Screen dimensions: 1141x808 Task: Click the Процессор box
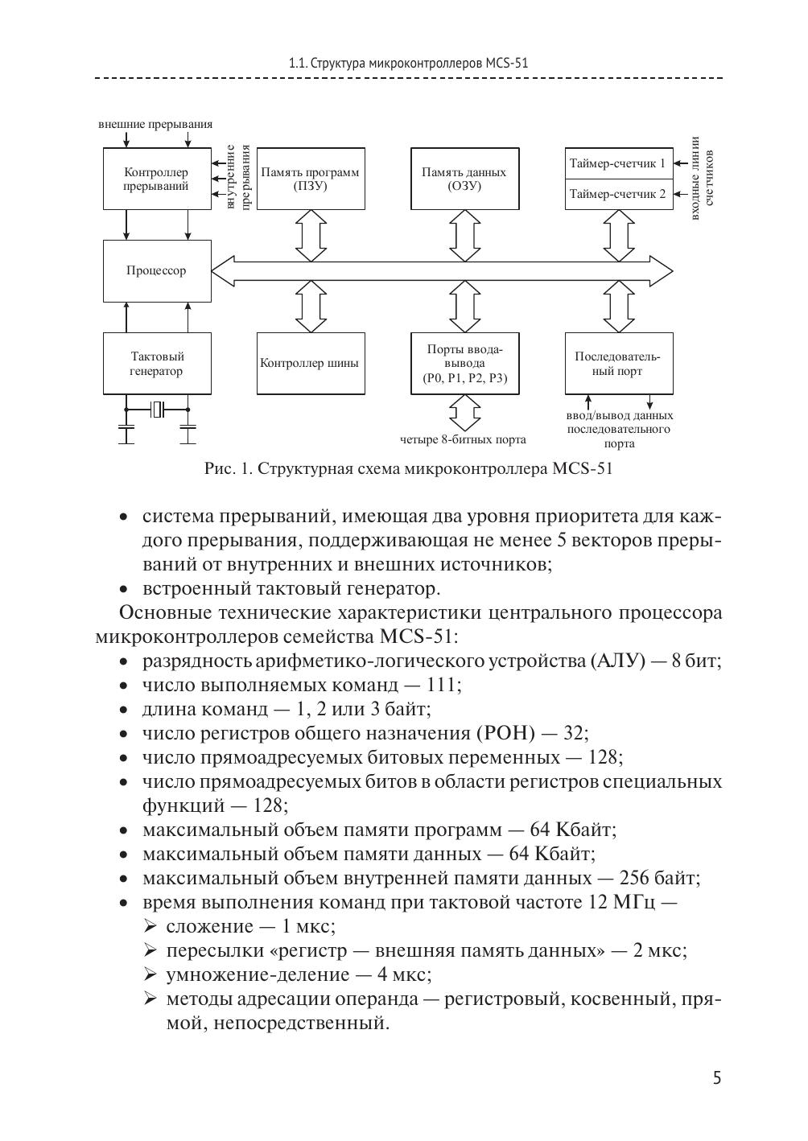coord(157,270)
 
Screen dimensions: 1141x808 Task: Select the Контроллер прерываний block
coord(157,179)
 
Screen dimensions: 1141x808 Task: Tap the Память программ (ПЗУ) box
coord(311,179)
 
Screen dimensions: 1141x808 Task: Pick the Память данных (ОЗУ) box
coord(464,179)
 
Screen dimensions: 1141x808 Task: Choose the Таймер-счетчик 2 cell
coord(618,194)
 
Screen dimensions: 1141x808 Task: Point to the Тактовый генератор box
coord(157,364)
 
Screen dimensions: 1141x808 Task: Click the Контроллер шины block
coord(311,364)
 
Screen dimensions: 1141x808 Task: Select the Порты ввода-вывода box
coord(464,364)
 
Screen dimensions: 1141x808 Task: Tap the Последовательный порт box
coord(618,364)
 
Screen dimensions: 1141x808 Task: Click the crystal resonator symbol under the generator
coord(158,410)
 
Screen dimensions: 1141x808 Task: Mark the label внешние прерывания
coord(155,124)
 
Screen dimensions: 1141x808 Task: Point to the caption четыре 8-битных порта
coord(464,439)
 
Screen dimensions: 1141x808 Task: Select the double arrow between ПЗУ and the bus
coord(311,235)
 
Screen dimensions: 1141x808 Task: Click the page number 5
coord(716,1078)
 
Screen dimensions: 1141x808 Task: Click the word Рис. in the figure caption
coord(219,468)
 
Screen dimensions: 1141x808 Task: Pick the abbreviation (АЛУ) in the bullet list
coord(618,661)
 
